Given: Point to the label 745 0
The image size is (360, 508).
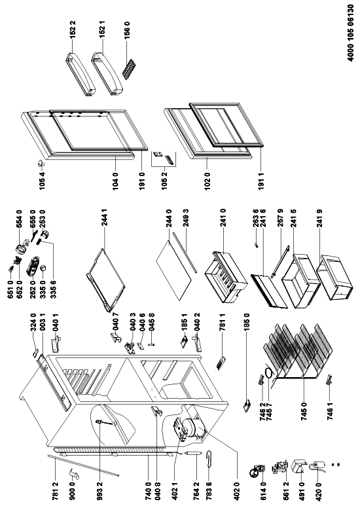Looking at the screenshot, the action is click(304, 410).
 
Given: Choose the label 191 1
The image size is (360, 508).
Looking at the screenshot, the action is click(262, 179).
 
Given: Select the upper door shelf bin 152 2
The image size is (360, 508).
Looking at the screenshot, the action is click(81, 74).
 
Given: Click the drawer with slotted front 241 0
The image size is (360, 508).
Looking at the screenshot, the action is click(226, 276).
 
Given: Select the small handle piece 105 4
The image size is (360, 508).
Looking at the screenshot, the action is click(41, 164).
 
